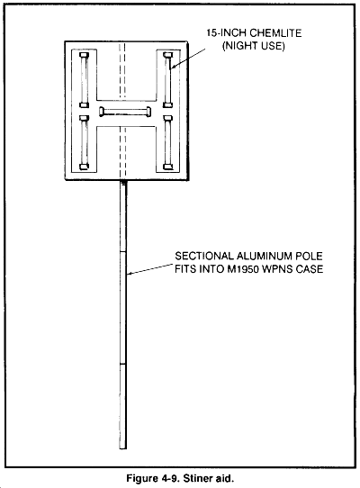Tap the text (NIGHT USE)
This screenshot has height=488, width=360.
click(254, 46)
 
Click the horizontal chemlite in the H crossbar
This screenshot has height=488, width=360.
click(125, 112)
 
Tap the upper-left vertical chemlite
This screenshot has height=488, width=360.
click(84, 80)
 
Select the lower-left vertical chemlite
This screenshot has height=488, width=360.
click(84, 142)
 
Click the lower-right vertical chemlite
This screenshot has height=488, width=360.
click(168, 142)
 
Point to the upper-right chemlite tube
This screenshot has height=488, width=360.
click(168, 80)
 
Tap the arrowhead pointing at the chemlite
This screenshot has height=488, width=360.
click(173, 66)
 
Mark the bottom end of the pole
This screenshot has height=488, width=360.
click(123, 448)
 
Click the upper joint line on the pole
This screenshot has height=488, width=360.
click(123, 251)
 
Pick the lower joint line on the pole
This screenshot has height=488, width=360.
click(123, 363)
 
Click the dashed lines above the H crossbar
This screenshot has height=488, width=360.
click(122, 71)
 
